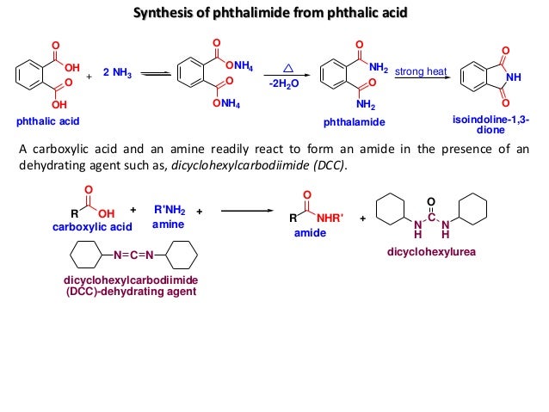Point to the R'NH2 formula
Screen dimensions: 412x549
[169, 210]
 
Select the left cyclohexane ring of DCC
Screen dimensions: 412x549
[83, 255]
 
